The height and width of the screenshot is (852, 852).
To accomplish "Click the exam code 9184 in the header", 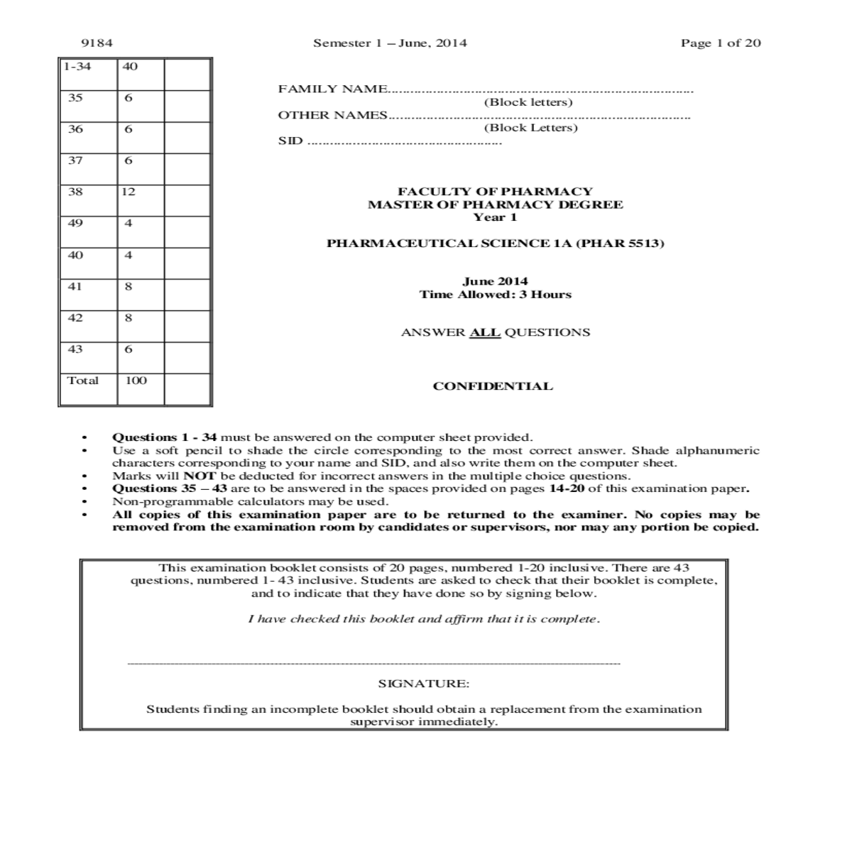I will (x=97, y=43).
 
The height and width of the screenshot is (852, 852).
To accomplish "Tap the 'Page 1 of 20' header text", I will (x=721, y=43).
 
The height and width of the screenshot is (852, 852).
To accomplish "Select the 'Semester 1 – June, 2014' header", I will (x=390, y=43).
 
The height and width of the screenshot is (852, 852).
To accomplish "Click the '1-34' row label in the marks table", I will (x=77, y=67).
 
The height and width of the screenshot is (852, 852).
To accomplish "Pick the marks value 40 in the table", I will (x=130, y=67).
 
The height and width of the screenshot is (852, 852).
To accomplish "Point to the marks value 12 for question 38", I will (x=129, y=192).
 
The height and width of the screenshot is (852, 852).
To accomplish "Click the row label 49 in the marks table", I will (x=75, y=223).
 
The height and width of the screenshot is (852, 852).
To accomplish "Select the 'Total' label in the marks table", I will (x=82, y=381).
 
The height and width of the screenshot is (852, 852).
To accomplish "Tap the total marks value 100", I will (x=136, y=381).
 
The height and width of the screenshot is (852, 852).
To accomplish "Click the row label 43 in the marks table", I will (x=75, y=349).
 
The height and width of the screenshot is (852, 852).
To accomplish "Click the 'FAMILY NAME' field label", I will (x=332, y=89).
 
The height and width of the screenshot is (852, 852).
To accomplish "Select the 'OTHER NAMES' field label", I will (x=332, y=115).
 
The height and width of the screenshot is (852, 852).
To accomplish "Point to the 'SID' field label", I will (x=290, y=141).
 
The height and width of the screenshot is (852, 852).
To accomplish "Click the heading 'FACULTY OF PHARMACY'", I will (x=495, y=191).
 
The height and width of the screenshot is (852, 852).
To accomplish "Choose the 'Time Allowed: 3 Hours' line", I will (x=495, y=295).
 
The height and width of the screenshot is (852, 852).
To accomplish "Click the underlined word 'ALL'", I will (x=485, y=332).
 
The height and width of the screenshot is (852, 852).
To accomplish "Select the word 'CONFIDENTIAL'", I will (x=493, y=386).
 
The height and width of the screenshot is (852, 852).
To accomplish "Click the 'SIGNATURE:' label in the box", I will (x=424, y=684).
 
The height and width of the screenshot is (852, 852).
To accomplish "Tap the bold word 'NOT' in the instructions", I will (x=200, y=476).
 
